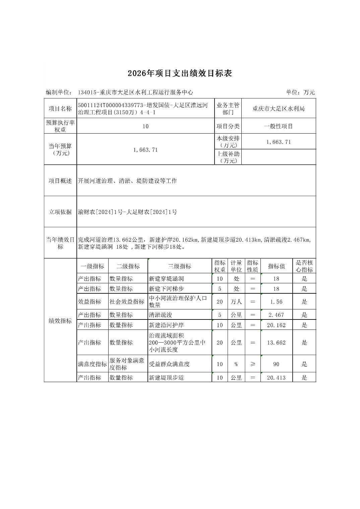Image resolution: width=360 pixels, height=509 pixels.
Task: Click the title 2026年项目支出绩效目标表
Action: pos(180,74)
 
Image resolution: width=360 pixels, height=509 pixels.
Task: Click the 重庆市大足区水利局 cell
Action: pos(278,108)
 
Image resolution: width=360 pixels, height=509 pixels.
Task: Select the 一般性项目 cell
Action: pos(278,126)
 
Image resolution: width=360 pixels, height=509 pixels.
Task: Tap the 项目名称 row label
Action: pos(60,108)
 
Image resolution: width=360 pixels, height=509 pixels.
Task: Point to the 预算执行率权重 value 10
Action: pos(145,126)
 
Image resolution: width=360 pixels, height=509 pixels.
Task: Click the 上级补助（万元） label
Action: pos(228,157)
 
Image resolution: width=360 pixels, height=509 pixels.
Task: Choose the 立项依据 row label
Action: pos(60,212)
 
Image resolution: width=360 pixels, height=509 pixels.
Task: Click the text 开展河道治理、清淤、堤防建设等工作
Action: pos(127,181)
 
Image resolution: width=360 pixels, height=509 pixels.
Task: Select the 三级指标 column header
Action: pos(179,266)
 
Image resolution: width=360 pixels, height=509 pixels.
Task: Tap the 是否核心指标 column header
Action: pos(304,266)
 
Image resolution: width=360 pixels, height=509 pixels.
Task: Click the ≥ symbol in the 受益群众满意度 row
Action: pos(253,364)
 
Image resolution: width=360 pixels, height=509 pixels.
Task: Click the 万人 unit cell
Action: pos(236,302)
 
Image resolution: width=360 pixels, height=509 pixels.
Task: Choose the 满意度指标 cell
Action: pos(92,364)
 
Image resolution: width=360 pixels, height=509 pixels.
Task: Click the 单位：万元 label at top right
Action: pos(300,92)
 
